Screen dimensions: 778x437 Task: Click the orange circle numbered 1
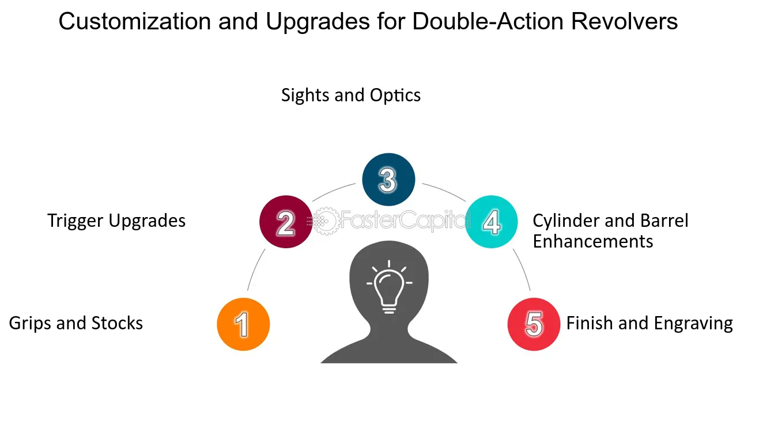243,324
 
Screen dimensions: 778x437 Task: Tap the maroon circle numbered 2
286,222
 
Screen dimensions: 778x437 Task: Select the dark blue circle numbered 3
388,180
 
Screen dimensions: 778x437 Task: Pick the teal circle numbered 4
491,222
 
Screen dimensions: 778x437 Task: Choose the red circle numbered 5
534,324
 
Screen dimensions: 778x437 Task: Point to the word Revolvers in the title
624,21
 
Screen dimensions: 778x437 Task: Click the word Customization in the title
135,21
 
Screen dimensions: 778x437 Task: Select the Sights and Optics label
351,95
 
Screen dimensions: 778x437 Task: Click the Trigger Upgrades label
116,221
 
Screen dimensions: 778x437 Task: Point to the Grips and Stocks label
75,324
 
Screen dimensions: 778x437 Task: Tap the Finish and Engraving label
649,324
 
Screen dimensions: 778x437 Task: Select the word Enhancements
593,241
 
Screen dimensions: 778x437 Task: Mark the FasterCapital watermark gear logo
326,221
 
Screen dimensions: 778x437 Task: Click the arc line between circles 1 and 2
255,269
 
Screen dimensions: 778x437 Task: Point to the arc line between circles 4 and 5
522,269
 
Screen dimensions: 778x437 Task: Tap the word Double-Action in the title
488,21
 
